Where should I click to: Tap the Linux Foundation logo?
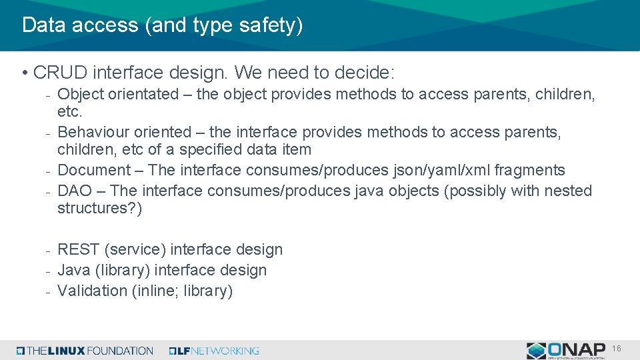85,351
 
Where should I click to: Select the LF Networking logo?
214,351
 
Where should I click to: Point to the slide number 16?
617,349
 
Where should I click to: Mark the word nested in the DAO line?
568,191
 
